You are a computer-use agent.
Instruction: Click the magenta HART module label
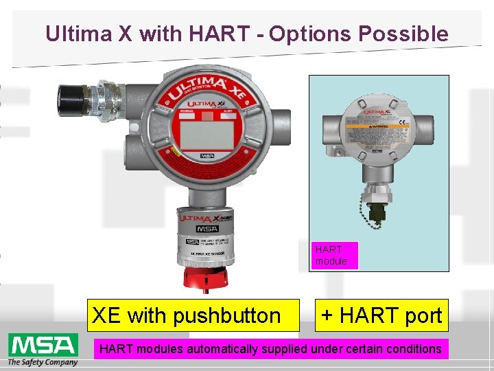(x=332, y=255)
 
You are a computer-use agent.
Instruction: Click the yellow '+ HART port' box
(x=381, y=315)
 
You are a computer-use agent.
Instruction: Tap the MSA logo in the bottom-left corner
(x=41, y=344)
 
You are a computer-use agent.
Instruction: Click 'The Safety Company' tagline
(x=43, y=362)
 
